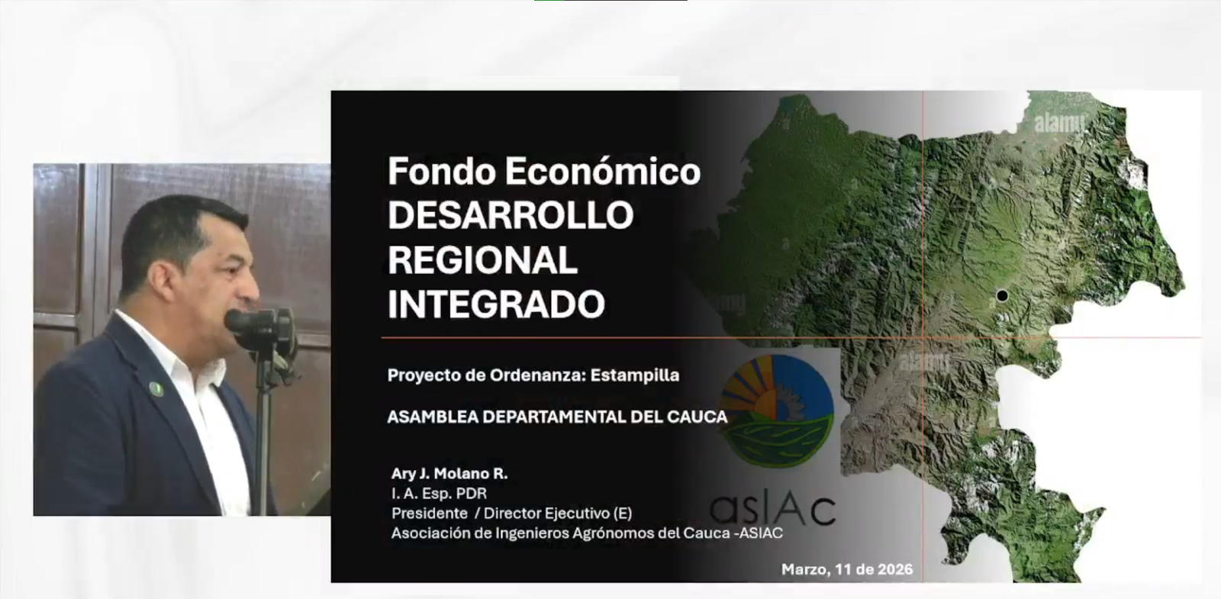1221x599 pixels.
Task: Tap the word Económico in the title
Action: [x=601, y=171]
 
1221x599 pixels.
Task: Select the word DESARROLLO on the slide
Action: [x=510, y=215]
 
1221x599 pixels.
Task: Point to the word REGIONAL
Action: [x=482, y=260]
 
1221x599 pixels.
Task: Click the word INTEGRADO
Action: [x=496, y=304]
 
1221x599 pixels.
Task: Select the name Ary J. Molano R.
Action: [x=449, y=474]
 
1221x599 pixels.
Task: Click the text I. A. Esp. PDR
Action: [x=439, y=494]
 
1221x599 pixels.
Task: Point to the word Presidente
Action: [x=429, y=514]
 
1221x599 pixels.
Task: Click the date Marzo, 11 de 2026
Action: [x=846, y=569]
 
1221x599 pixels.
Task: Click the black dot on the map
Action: [x=1002, y=295]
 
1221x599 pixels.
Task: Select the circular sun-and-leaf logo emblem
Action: [x=777, y=404]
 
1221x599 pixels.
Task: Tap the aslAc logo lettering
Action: [x=772, y=509]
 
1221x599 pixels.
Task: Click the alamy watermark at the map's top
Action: [x=1059, y=123]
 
